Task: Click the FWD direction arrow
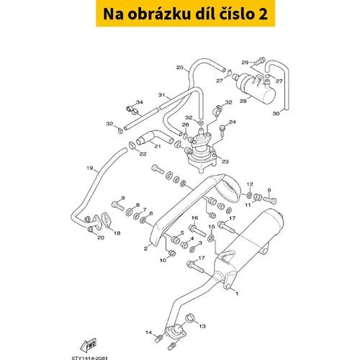tap(89, 345)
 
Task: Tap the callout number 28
tap(243, 101)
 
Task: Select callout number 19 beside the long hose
tap(90, 168)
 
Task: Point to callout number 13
tap(202, 326)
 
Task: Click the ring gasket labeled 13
tap(190, 318)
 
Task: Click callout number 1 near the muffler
tap(237, 294)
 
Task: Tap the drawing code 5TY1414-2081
tap(90, 358)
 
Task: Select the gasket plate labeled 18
tap(107, 220)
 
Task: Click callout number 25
tap(180, 68)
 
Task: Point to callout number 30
tap(276, 113)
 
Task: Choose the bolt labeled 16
tap(197, 230)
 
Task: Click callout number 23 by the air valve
tap(225, 161)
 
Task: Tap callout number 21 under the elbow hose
tap(158, 146)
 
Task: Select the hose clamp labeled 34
tap(132, 109)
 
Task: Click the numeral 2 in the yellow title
tap(263, 14)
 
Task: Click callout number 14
tap(148, 333)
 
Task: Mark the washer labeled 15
tap(211, 238)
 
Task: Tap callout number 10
tap(163, 260)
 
